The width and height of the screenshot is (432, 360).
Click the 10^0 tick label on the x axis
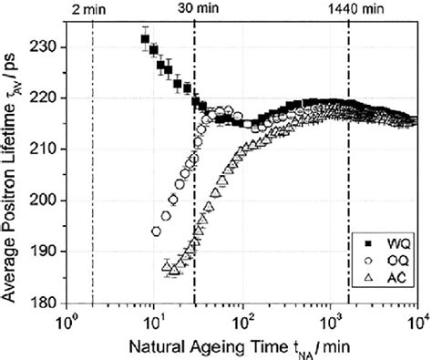click(67, 320)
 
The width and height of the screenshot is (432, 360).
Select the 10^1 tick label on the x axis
click(154, 320)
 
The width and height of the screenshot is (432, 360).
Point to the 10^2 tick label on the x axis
click(242, 320)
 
